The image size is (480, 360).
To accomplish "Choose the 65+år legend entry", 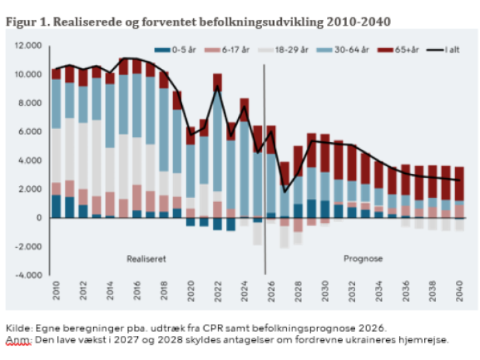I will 407,50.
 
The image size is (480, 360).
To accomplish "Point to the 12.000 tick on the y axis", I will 29,46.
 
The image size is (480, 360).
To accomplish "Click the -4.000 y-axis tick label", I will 28,275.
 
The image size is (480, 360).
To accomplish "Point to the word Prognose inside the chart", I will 363,259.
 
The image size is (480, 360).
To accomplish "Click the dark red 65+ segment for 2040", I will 459,183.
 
